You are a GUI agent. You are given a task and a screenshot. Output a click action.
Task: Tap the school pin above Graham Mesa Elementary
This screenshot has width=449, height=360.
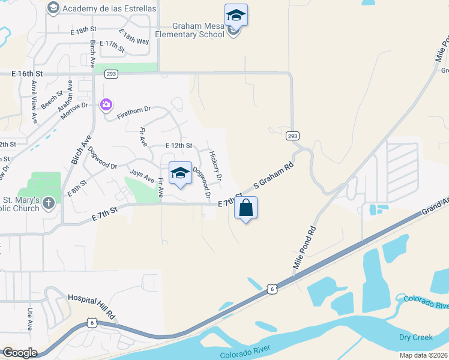tap(236, 15)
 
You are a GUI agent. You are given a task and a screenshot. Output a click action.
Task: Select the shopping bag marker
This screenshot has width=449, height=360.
tap(246, 208)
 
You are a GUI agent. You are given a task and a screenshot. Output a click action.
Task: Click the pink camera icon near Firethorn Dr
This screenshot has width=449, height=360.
tap(106, 105)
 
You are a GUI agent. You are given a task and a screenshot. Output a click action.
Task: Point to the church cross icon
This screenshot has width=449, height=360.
tap(49, 204)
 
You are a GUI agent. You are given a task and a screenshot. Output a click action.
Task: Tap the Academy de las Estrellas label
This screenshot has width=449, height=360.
tap(109, 8)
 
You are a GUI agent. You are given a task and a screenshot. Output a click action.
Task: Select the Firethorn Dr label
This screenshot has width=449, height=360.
tap(134, 110)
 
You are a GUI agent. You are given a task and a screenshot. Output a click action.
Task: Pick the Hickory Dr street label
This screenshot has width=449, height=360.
tap(215, 166)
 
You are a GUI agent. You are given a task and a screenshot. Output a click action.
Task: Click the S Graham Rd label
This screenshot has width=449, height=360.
tap(274, 176)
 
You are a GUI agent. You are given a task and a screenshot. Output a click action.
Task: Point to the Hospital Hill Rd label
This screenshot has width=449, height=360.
tap(91, 305)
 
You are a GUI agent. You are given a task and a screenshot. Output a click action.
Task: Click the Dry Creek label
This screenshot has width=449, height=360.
tap(415, 338)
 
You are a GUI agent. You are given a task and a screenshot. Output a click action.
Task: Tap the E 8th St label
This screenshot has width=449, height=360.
tap(77, 187)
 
